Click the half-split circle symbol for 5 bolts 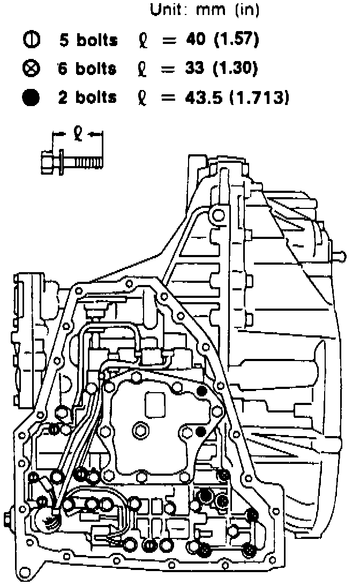pyautogui.click(x=31, y=40)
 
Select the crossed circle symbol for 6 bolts pyautogui.click(x=31, y=69)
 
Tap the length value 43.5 pyautogui.click(x=200, y=98)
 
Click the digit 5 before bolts pyautogui.click(x=64, y=40)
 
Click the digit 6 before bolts pyautogui.click(x=64, y=69)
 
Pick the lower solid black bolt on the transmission pyautogui.click(x=201, y=431)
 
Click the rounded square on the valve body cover pyautogui.click(x=156, y=401)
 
